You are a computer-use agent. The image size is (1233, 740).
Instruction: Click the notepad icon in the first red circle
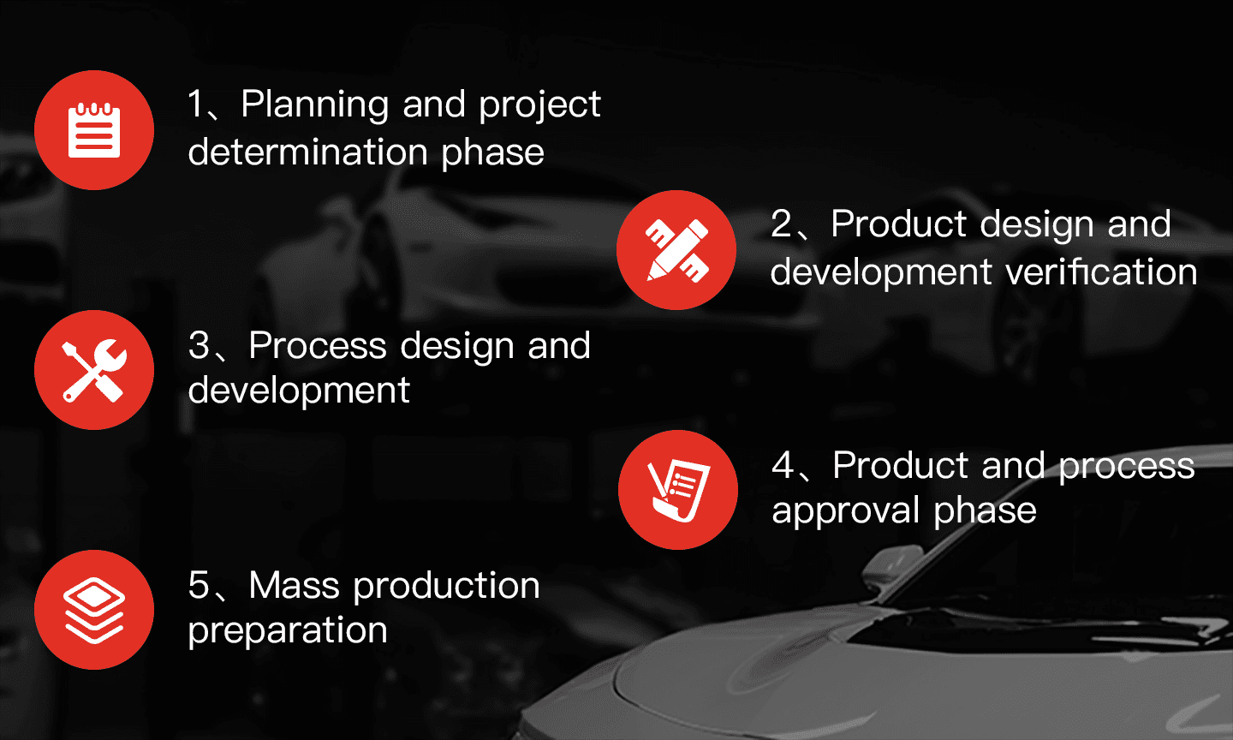click(x=94, y=130)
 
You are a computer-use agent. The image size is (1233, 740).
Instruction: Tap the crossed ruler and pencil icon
click(x=676, y=250)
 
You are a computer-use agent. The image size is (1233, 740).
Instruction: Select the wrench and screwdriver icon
click(x=94, y=370)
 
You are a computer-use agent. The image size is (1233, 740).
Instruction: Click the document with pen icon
click(x=678, y=490)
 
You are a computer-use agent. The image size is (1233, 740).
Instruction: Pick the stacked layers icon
click(x=94, y=610)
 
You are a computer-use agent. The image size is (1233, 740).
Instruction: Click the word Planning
click(x=315, y=104)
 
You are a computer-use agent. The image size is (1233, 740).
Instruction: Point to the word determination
click(x=307, y=152)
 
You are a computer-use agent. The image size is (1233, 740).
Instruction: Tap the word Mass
click(x=294, y=585)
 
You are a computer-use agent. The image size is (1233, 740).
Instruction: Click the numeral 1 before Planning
click(x=196, y=104)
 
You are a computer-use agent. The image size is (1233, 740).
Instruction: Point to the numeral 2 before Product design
click(x=781, y=224)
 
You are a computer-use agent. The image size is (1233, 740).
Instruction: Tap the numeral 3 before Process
click(x=199, y=345)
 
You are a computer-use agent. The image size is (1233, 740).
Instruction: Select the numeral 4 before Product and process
click(x=783, y=465)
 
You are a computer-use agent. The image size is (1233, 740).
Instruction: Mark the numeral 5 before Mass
click(x=199, y=585)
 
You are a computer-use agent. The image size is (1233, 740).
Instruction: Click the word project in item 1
click(x=539, y=105)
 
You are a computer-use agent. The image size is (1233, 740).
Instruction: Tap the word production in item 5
click(x=446, y=586)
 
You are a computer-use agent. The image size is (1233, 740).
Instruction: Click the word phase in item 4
click(x=986, y=510)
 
